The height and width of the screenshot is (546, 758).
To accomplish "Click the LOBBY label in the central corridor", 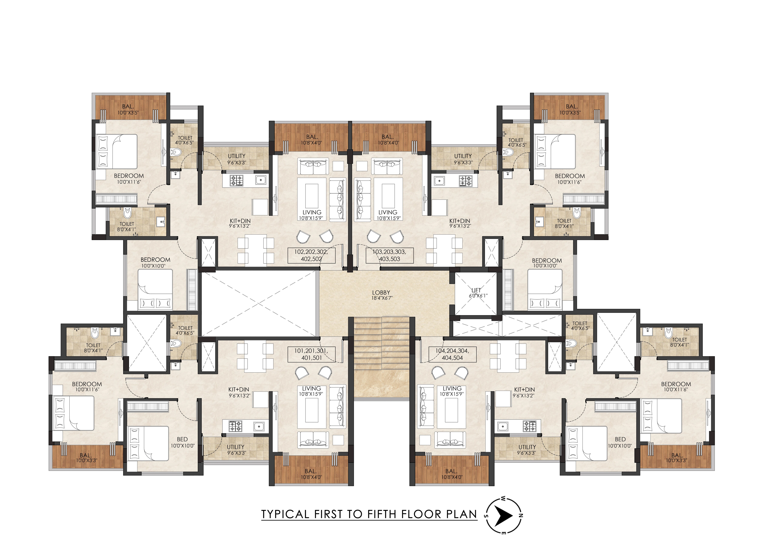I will coord(381,295).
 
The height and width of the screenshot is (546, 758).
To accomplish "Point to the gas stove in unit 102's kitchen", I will coord(237,180).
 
